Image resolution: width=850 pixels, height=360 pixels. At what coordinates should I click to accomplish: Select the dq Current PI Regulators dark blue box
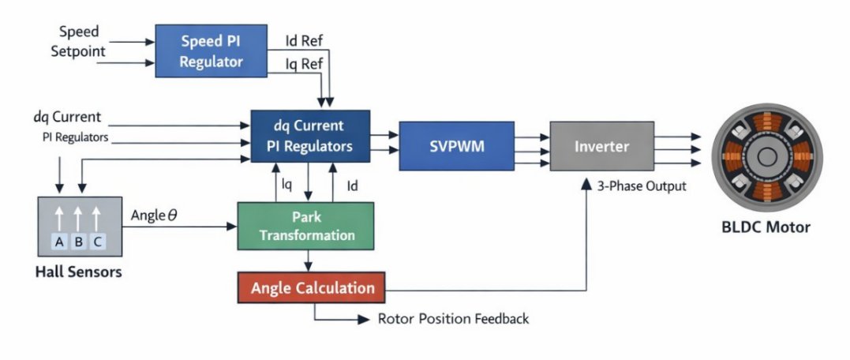coord(310,135)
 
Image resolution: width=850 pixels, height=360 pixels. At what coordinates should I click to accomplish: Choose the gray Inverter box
coord(601,147)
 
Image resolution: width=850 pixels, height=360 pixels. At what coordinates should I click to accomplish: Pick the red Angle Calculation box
coord(312,288)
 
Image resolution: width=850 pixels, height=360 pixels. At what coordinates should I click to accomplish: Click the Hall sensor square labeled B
coord(78,242)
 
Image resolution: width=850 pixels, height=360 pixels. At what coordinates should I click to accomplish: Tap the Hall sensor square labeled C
coord(96,242)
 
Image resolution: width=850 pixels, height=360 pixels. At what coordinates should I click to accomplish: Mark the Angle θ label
coord(154,215)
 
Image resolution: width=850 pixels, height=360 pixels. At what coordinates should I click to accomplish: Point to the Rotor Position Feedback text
coord(453,319)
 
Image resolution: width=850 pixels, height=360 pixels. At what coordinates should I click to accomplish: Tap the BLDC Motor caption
coord(766,227)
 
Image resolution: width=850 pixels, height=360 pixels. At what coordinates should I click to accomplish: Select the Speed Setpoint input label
coord(79,43)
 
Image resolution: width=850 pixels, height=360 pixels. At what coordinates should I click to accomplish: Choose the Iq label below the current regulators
coord(287,186)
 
